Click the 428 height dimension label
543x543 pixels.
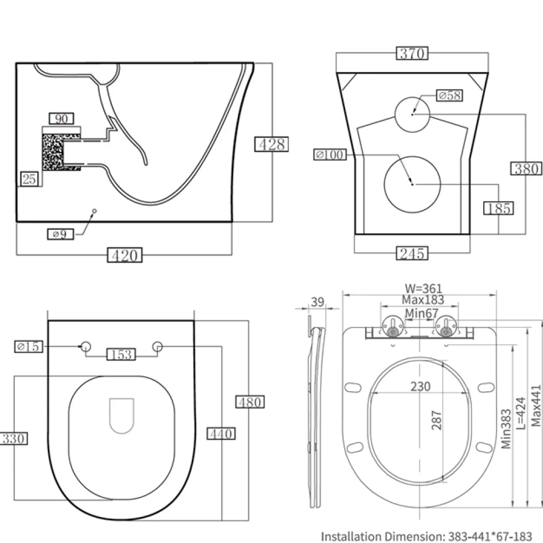(271, 145)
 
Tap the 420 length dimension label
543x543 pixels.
(125, 255)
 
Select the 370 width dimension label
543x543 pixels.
(412, 53)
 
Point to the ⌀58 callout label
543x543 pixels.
(449, 95)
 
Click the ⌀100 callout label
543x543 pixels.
(330, 155)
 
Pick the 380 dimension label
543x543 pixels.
(526, 168)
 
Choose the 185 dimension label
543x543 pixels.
(498, 208)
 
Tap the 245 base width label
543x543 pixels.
(412, 253)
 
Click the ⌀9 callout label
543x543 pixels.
(60, 234)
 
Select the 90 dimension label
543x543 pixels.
(62, 119)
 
